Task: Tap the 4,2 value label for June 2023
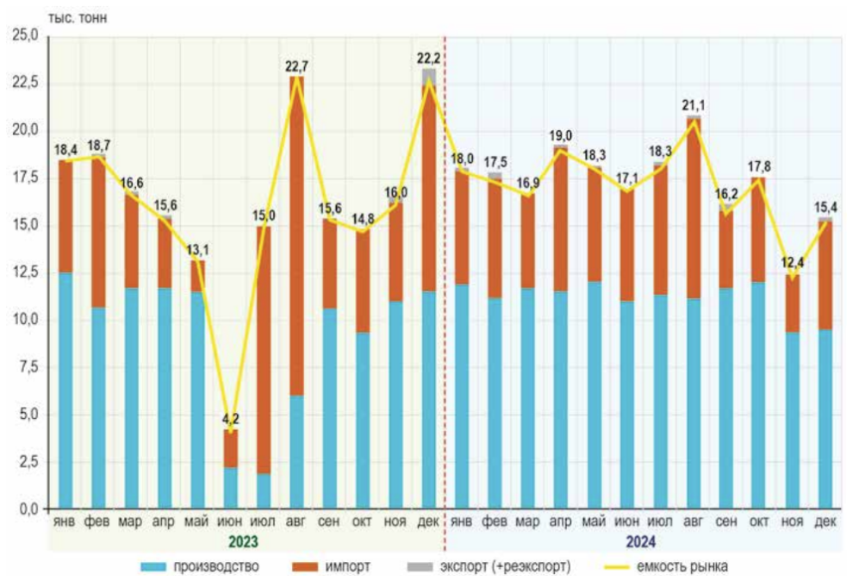[231, 418]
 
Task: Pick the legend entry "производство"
[214, 566]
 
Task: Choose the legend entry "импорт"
[349, 566]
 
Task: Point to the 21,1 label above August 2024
[694, 106]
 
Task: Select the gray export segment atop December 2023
[429, 75]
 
